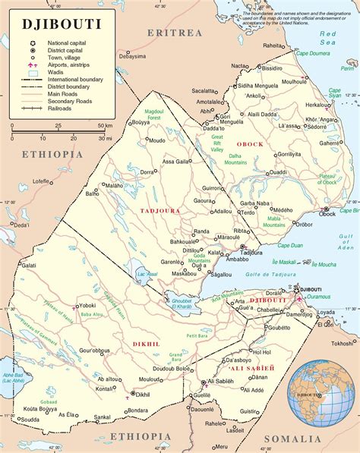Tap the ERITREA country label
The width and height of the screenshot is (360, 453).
click(175, 33)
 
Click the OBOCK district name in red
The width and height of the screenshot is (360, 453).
click(250, 144)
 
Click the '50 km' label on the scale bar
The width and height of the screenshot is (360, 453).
click(106, 126)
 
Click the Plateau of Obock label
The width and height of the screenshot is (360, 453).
click(327, 179)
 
